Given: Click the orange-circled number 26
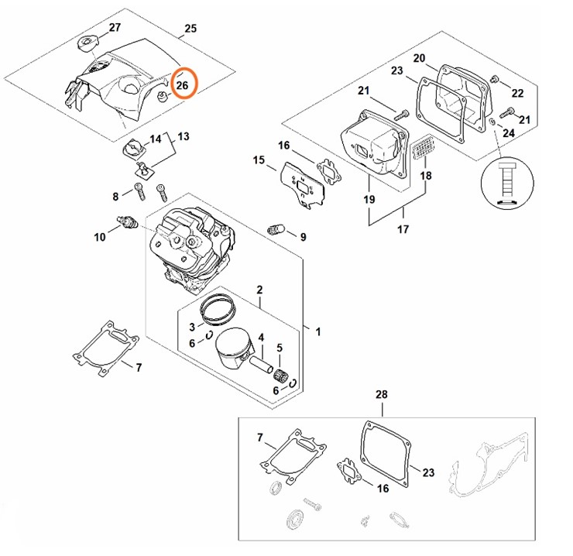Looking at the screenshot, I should point(184,85).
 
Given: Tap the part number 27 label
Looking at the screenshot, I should point(115,28).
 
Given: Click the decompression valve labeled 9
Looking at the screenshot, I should point(276,228).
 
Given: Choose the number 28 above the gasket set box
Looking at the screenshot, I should point(381,395).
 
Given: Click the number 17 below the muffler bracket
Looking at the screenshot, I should point(403,229).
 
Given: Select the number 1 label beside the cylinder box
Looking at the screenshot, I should point(317,331).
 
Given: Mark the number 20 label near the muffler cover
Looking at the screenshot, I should point(419,59).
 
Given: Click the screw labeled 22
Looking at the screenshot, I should point(497,84).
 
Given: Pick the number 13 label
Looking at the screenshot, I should point(183,136).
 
